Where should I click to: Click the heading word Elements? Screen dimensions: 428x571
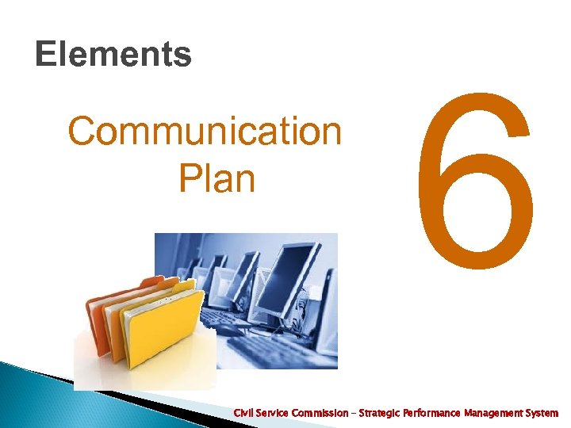(113, 55)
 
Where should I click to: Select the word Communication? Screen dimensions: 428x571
(205, 132)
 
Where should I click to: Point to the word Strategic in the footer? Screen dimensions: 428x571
(379, 413)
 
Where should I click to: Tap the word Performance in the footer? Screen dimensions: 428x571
(435, 413)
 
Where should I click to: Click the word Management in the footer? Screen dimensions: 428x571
(498, 413)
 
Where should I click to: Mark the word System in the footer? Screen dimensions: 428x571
(542, 413)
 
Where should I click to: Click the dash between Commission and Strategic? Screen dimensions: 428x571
(354, 413)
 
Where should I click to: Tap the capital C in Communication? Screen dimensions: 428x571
(82, 132)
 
